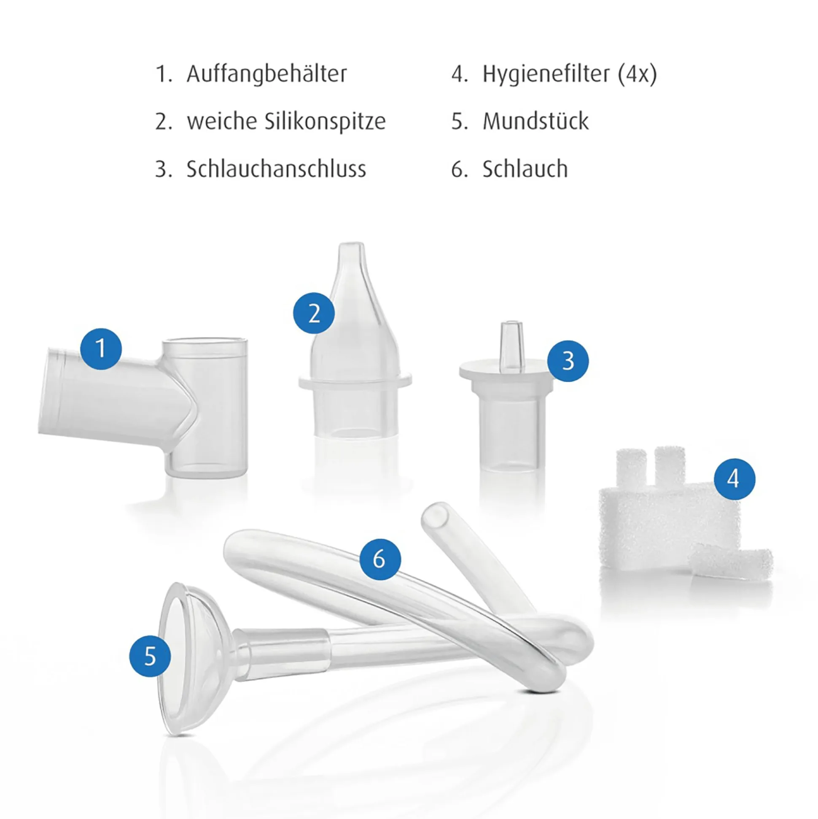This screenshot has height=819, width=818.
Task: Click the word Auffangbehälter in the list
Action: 266,74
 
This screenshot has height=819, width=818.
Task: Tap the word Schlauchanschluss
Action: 276,169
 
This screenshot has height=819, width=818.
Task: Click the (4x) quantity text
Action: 637,75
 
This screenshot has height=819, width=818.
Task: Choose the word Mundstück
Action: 535,122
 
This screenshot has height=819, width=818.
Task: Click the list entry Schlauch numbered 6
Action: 525,169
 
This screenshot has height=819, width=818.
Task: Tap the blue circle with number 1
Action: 101,349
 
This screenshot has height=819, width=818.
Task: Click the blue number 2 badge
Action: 314,314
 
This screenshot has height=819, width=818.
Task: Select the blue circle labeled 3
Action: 568,361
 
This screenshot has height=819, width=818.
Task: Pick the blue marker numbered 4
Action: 735,479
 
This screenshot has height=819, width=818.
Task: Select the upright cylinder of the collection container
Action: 205,407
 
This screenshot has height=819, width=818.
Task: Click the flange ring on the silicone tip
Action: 355,380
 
